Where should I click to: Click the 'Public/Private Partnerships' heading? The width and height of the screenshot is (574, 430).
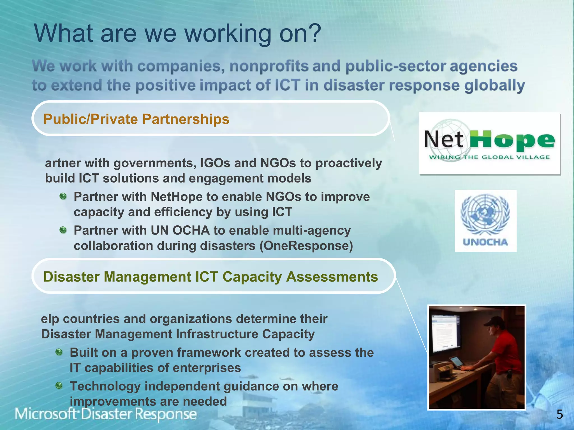136,119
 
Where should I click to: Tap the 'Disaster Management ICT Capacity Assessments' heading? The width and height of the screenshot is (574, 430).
210,277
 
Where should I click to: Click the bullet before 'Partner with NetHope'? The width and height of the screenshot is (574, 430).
63,196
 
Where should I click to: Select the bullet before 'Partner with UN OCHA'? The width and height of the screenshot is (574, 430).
63,230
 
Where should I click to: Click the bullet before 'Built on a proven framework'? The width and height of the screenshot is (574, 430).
59,352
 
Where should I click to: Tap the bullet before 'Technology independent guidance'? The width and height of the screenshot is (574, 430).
59,386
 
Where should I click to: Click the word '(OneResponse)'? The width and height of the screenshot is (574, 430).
306,246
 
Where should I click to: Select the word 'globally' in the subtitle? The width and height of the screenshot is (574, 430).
494,85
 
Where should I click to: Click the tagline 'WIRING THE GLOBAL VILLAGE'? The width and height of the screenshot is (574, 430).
489,157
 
